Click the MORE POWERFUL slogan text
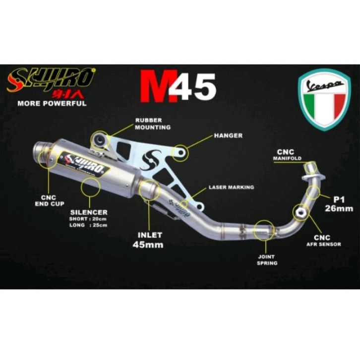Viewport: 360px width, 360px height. tap(52, 104)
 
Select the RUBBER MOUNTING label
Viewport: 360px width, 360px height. tap(153, 123)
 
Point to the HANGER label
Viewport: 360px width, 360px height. tap(229, 135)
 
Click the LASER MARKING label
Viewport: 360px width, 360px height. tap(231, 187)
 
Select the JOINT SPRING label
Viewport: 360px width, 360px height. tap(267, 260)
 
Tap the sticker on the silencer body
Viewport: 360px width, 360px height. tap(85, 163)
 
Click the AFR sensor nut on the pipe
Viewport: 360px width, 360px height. tap(301, 212)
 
